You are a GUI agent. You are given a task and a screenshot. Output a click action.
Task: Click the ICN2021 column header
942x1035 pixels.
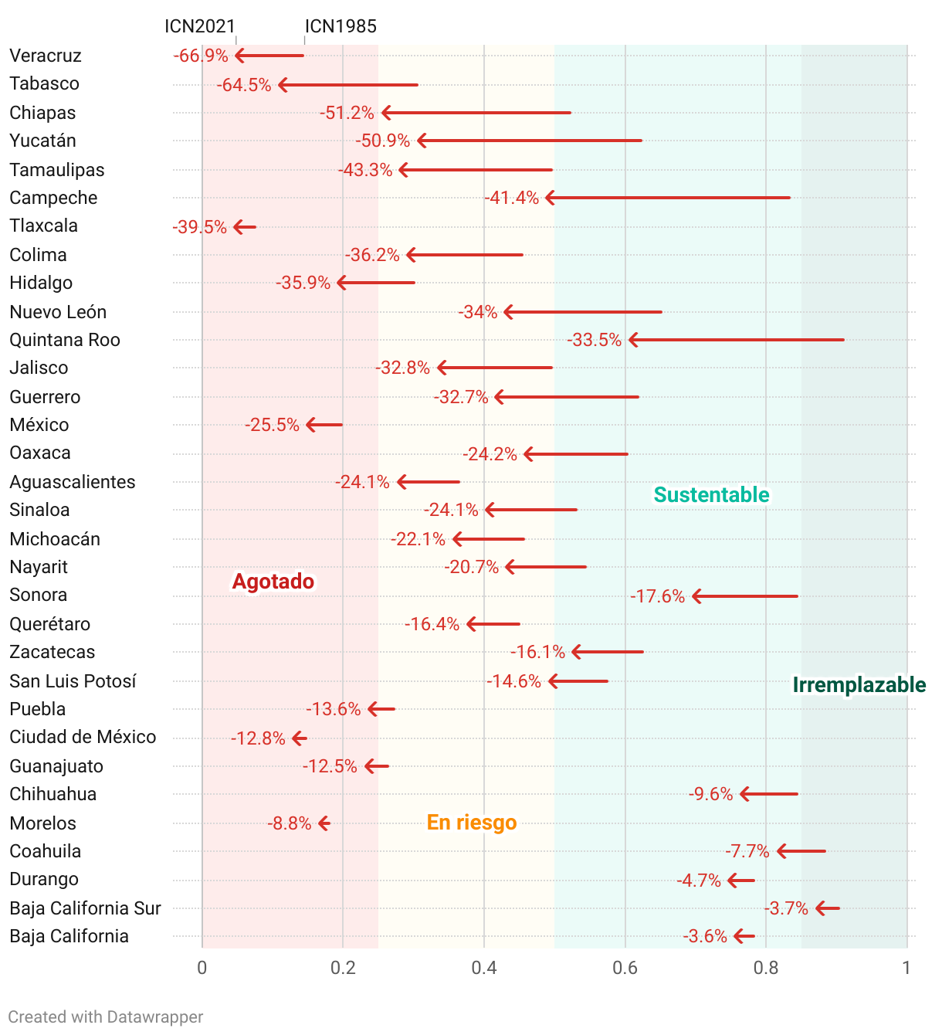(x=199, y=26)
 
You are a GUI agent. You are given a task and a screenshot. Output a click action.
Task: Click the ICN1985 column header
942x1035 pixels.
(x=341, y=26)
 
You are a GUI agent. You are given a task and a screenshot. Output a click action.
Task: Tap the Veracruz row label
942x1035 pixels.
(x=46, y=56)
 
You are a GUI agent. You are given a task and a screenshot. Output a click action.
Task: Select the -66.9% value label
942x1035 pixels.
(x=201, y=56)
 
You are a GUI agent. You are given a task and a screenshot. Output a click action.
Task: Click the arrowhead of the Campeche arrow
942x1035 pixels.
(x=550, y=198)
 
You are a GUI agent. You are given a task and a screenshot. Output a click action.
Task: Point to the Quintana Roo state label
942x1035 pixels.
(x=65, y=340)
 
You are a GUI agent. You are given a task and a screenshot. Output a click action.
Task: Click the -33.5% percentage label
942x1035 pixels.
(x=594, y=340)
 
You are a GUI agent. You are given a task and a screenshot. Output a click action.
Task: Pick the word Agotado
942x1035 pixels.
(x=273, y=582)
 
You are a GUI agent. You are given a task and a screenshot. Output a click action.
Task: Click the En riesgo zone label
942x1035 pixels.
(x=472, y=822)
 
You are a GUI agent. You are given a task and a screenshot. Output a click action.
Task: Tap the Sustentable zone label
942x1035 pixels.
(x=711, y=495)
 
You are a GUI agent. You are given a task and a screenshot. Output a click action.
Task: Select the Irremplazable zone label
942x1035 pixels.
(x=859, y=685)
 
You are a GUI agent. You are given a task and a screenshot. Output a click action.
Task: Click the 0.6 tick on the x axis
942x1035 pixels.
(x=625, y=968)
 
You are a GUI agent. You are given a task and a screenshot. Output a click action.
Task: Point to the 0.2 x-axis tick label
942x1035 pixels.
(x=343, y=968)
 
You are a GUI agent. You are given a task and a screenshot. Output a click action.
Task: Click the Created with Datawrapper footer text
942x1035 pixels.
(x=106, y=1016)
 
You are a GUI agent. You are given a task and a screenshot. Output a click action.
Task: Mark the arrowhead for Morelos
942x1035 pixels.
(x=323, y=823)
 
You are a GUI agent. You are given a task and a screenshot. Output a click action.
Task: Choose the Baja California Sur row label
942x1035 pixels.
(x=85, y=908)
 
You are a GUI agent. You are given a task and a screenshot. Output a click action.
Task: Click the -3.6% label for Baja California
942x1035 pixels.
(x=705, y=936)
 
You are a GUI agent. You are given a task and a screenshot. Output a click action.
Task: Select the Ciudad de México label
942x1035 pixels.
(x=83, y=737)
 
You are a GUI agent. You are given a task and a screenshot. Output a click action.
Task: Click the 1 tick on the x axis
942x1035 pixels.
(x=906, y=968)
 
